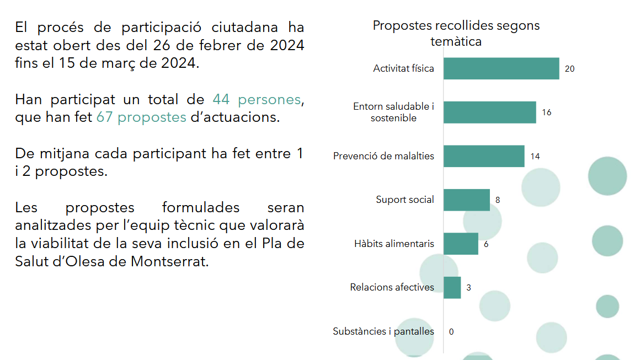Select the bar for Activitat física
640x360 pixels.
(501, 68)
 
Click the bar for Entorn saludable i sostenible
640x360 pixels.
(489, 112)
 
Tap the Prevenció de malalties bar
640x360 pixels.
(483, 156)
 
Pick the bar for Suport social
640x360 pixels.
(466, 200)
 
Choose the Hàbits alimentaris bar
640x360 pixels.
(461, 244)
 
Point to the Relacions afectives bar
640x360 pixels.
(452, 287)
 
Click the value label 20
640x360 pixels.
(569, 69)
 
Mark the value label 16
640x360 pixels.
(546, 112)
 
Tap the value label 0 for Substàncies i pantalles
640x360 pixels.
(451, 331)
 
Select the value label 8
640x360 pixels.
(498, 200)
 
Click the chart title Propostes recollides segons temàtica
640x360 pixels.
(456, 33)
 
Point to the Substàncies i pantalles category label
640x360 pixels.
(383, 331)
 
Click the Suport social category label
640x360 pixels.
(405, 200)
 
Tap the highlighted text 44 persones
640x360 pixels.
(257, 100)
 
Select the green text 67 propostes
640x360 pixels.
(141, 117)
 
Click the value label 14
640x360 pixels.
(535, 157)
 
